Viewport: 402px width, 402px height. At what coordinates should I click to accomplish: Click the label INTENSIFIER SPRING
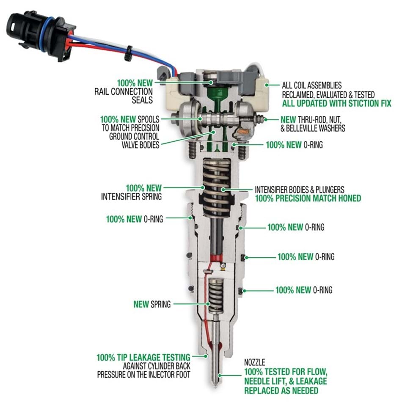132,196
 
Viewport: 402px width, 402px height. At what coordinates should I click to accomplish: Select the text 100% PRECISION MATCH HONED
308,198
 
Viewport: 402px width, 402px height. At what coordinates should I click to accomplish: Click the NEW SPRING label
152,304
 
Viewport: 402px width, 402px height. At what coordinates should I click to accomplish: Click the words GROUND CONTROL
134,136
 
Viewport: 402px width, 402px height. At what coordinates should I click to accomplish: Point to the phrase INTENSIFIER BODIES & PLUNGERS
299,189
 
